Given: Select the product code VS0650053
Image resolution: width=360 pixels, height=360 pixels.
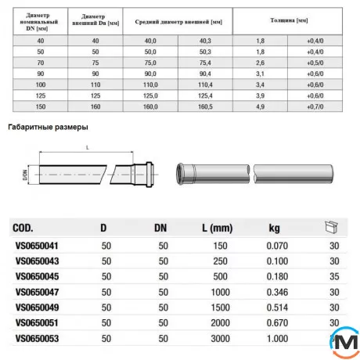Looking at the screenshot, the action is [x=37, y=339].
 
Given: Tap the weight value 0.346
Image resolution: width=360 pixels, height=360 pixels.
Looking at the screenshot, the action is [x=273, y=293].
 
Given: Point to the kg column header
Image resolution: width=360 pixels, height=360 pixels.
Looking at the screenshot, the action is [x=274, y=229].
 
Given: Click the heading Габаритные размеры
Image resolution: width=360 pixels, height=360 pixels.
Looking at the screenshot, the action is [x=47, y=126].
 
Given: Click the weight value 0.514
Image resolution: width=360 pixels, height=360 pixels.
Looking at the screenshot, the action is [x=273, y=308].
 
